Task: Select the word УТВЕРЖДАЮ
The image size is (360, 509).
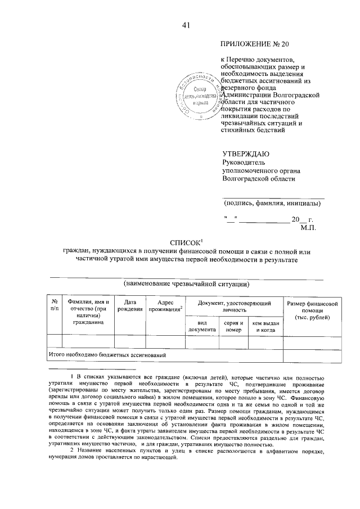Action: pos(246,154)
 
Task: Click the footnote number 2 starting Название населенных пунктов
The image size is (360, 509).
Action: pos(71,451)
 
